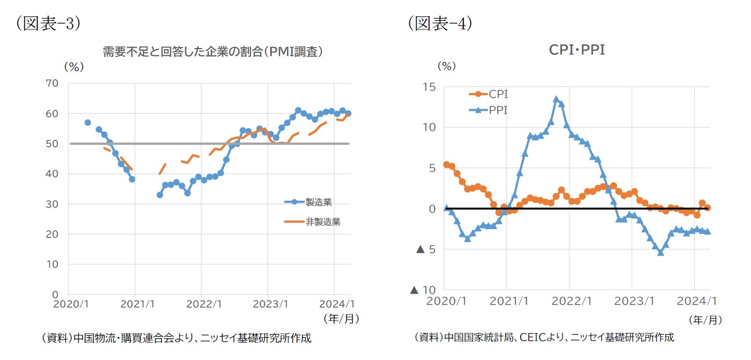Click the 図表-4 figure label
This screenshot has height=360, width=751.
[x=439, y=24]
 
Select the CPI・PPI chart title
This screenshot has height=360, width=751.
[x=577, y=50]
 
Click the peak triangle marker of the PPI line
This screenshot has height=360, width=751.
[x=556, y=99]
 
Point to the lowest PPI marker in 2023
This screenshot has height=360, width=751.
[x=660, y=252]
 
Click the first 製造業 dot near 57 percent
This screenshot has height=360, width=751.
[x=87, y=123]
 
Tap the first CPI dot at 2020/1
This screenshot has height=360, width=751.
[x=447, y=164]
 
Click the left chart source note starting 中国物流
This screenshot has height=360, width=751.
[x=176, y=338]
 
